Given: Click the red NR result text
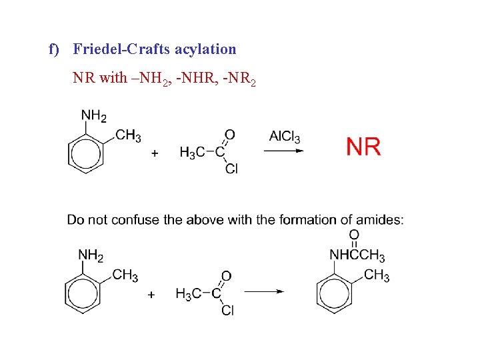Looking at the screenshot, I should pyautogui.click(x=363, y=146).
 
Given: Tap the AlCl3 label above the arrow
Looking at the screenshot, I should pyautogui.click(x=285, y=137).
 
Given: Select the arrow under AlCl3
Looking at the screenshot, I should pyautogui.click(x=284, y=151).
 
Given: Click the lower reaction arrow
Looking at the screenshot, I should pyautogui.click(x=263, y=291).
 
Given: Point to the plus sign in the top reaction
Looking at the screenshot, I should pyautogui.click(x=155, y=153).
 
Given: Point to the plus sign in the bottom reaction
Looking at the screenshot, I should pyautogui.click(x=151, y=293).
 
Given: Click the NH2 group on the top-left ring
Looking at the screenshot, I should pyautogui.click(x=94, y=116).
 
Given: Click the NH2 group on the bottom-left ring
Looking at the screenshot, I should pyautogui.click(x=91, y=254).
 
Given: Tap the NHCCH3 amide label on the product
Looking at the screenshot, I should pyautogui.click(x=357, y=255).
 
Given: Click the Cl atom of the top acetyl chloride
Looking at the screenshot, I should pyautogui.click(x=231, y=169).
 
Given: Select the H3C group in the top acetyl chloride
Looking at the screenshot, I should pyautogui.click(x=188, y=153).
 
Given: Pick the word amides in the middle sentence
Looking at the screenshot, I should pyautogui.click(x=381, y=220).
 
